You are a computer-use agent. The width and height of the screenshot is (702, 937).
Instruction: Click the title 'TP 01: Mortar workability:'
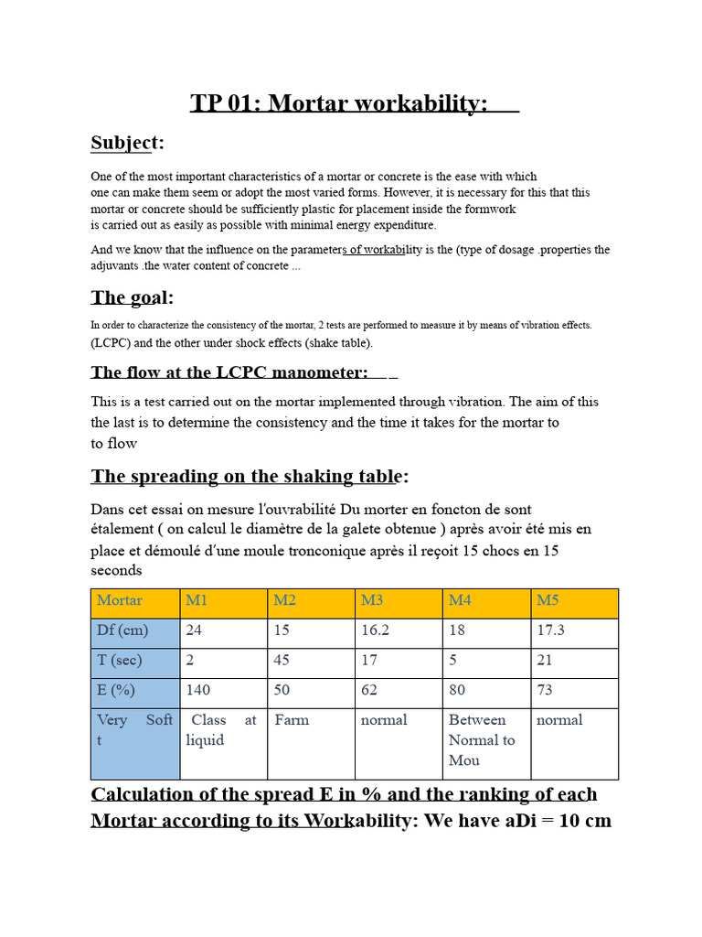340,103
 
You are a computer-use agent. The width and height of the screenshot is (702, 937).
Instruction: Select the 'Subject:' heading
127,143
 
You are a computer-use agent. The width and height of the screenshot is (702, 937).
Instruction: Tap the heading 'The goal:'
132,297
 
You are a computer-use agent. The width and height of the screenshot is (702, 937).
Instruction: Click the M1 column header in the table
197,601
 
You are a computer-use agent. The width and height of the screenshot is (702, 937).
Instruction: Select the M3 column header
372,601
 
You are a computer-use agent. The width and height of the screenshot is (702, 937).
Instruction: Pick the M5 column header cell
548,601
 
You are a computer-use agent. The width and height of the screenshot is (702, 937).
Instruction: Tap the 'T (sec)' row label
119,660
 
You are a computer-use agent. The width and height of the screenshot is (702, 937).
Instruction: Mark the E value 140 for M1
199,690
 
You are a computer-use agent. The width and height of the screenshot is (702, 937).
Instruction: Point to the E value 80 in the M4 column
457,690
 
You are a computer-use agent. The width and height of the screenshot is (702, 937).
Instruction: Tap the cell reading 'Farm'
292,720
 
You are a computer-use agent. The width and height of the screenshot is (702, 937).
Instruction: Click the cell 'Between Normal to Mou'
482,739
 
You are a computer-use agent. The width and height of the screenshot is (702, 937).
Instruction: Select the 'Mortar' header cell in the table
120,601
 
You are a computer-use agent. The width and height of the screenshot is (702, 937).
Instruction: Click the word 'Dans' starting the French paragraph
109,509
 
